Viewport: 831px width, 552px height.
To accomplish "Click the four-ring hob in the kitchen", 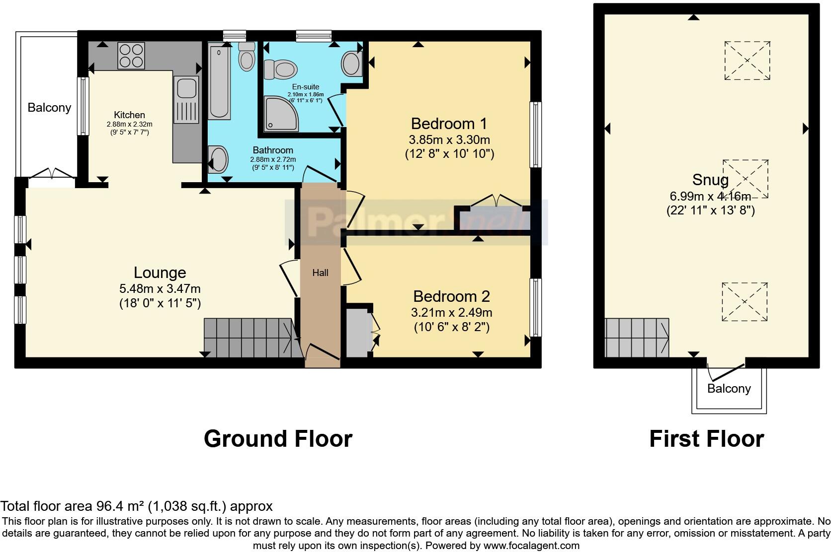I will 131,55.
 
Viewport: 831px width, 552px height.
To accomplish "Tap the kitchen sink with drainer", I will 186,99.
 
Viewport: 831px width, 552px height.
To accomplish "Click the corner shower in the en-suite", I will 281,114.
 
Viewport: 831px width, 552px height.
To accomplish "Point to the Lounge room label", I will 160,273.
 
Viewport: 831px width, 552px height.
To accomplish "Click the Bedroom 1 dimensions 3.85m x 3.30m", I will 450,139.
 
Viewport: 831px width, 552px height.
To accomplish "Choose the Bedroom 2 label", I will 451,296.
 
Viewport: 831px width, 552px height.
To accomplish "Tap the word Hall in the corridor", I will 320,273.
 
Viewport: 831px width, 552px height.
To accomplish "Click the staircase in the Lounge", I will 251,338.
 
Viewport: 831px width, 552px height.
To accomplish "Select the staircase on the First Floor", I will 636,338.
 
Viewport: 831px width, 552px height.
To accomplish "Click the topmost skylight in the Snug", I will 747,61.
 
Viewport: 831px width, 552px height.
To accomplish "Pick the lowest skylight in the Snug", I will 744,302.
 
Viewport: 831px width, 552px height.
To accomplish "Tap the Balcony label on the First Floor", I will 729,388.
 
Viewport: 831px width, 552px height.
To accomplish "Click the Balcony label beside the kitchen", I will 49,108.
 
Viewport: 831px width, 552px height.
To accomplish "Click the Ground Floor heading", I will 278,439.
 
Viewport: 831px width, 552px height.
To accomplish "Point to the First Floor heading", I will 706,439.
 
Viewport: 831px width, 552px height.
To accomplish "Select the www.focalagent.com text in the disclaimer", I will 531,546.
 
